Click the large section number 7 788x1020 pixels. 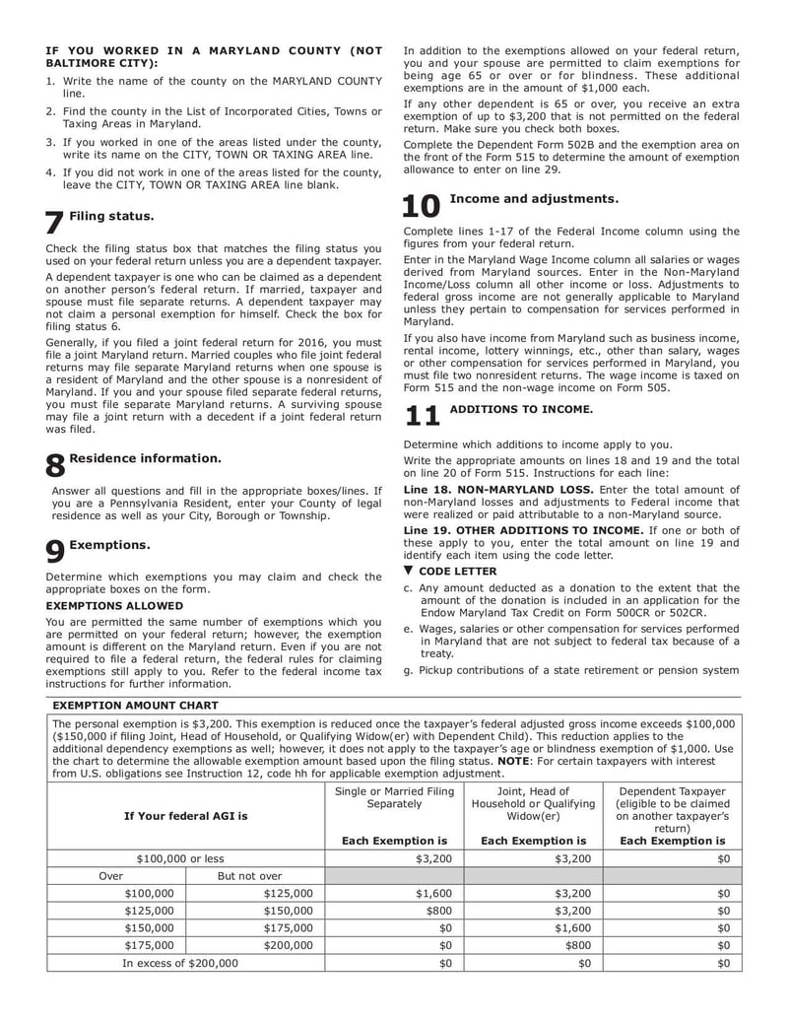55,223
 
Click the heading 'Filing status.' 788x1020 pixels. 111,215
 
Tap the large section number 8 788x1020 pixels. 56,466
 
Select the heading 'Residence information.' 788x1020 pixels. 145,458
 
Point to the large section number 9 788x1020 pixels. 56,552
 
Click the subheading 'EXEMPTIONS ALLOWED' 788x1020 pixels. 114,605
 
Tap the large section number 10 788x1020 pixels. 422,206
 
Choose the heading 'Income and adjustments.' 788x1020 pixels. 534,199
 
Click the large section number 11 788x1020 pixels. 422,416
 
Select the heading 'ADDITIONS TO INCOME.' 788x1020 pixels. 521,409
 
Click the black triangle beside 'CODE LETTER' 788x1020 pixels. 409,571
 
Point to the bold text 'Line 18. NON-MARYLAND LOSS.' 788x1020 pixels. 498,490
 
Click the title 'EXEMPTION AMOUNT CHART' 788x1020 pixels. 135,705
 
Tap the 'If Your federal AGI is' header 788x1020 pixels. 185,816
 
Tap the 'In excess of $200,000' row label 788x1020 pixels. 179,963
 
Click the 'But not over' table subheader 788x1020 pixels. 249,875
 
